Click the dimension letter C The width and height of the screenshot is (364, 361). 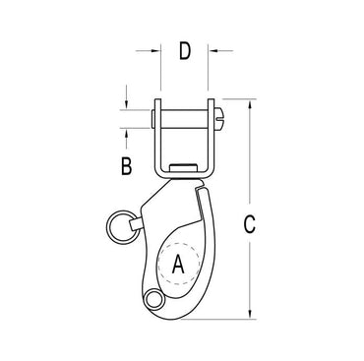coord(249,224)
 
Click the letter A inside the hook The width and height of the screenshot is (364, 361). coord(178,263)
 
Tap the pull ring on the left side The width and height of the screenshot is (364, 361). coord(117,227)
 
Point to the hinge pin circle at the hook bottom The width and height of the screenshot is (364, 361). coord(152,300)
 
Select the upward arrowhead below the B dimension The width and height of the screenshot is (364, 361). coord(127,133)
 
